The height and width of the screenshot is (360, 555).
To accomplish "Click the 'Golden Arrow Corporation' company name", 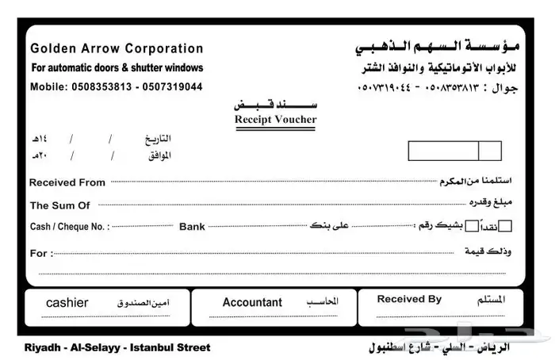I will tap(117, 48).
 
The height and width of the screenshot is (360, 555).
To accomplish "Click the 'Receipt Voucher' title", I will tap(275, 120).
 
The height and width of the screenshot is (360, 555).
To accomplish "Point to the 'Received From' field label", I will tap(67, 182).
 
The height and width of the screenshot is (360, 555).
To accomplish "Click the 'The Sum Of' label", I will tap(60, 205).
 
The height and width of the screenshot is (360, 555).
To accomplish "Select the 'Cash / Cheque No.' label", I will tap(69, 227).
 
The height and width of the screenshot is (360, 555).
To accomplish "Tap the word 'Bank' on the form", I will tap(192, 227).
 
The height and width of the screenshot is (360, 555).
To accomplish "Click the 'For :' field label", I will tap(41, 254).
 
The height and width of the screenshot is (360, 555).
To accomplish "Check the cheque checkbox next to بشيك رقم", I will tap(473, 226).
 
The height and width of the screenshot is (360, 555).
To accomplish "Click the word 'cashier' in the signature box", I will tap(67, 303).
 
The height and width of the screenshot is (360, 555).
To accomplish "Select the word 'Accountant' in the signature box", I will tap(252, 302).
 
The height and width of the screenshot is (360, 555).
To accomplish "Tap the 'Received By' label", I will tap(409, 299).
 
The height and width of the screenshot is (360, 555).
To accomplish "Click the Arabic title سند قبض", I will tap(274, 104).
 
